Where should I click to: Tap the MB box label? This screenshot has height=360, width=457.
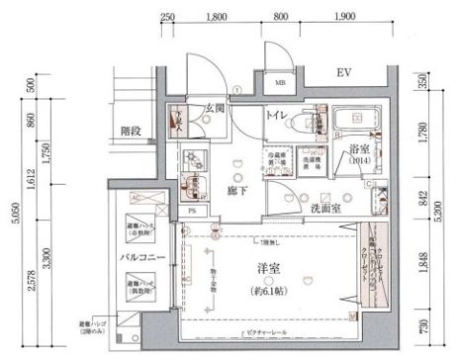pos(281,84)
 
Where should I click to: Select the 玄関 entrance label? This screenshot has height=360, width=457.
pos(217,110)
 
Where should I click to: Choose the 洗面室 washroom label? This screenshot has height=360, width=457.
pos(321,210)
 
